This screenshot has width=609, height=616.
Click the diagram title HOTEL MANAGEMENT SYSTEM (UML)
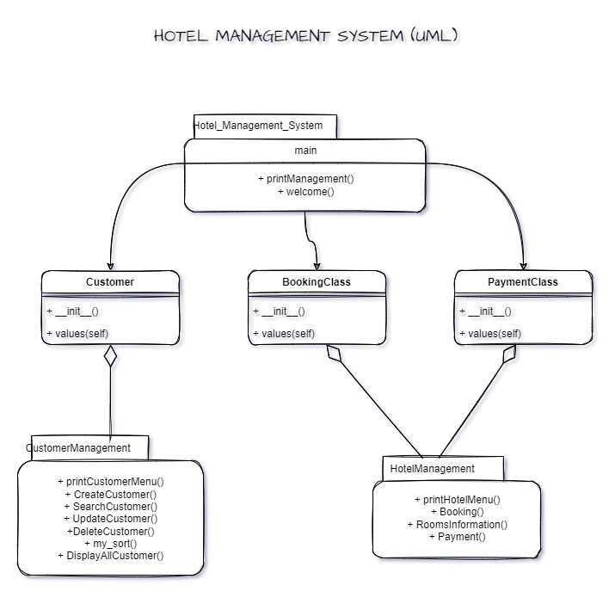(x=305, y=35)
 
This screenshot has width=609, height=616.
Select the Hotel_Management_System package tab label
(x=259, y=126)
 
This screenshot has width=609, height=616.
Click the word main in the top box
(x=305, y=150)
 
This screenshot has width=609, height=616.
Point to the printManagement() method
(x=305, y=179)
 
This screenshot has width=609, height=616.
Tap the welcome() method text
(x=305, y=192)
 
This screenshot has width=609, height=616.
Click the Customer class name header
(x=110, y=282)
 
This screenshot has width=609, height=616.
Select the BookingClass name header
(x=317, y=282)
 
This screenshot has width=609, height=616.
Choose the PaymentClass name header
(x=523, y=282)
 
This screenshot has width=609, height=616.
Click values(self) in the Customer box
(x=77, y=334)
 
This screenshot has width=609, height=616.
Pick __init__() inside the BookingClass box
(x=279, y=311)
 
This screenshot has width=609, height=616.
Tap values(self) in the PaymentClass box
(x=490, y=334)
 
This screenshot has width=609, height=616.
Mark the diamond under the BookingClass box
(x=335, y=354)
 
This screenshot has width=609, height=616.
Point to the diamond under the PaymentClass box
(x=508, y=354)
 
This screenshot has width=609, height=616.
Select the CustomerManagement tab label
(x=79, y=448)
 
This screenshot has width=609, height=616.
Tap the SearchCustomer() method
(x=110, y=507)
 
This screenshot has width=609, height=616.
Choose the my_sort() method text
(x=110, y=544)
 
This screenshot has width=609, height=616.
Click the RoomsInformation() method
(x=457, y=524)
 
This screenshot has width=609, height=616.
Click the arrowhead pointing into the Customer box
(x=110, y=265)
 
